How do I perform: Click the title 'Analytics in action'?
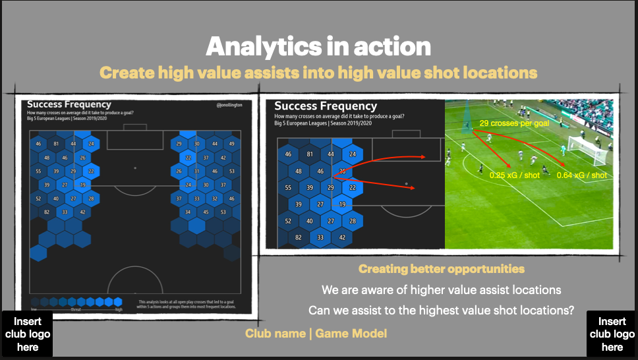318,47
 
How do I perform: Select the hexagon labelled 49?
231,144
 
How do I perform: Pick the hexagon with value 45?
206,212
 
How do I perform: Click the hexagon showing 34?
188,212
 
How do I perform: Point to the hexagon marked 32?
214,198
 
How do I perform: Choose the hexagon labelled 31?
196,171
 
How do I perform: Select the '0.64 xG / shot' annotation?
582,175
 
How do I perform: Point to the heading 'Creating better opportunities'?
442,269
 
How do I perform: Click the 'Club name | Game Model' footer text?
316,334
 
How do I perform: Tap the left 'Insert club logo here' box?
28,334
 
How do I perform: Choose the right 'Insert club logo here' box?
612,334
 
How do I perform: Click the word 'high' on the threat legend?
119,309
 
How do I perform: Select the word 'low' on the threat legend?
34,309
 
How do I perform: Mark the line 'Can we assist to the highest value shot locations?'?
441,310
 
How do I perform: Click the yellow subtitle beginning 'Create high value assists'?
318,73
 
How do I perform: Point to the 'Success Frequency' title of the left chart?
69,104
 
